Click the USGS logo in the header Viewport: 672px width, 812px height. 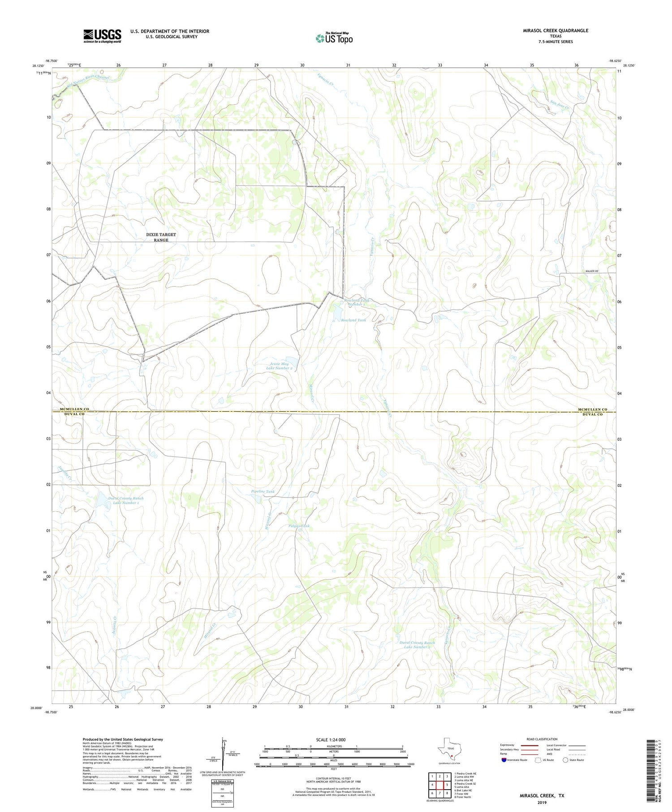[102, 36]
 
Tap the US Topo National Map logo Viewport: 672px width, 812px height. [334, 39]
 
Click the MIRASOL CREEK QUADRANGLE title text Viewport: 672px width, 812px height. [556, 30]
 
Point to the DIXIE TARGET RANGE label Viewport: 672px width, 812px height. [161, 237]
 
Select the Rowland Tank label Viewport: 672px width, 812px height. [353, 320]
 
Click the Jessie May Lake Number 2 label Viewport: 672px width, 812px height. [279, 366]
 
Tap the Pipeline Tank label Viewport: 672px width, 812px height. [263, 491]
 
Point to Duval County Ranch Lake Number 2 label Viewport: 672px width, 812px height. [417, 644]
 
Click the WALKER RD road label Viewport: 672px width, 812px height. [591, 271]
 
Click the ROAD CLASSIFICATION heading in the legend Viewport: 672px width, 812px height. [542, 739]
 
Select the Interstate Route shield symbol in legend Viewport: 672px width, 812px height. [504, 760]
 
